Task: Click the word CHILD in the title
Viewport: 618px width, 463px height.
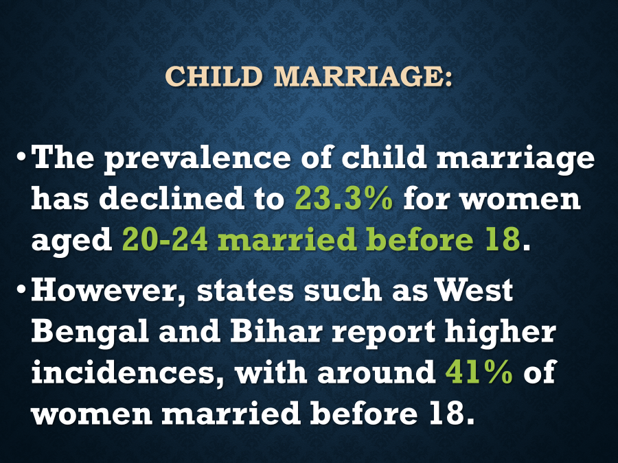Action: click(214, 76)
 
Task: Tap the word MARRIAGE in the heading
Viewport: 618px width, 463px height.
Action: click(363, 76)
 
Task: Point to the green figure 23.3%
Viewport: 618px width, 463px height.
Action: click(344, 198)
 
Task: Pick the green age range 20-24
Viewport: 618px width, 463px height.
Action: click(165, 239)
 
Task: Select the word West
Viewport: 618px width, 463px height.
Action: click(474, 290)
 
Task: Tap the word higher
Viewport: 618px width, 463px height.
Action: click(501, 333)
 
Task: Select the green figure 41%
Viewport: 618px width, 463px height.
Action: click(479, 372)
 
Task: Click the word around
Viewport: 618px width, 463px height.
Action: click(377, 372)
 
